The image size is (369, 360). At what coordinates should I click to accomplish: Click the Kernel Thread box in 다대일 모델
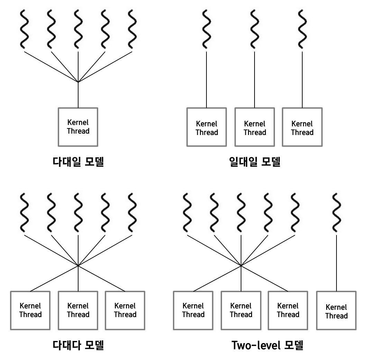(x=78, y=127)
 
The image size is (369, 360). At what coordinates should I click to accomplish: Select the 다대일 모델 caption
(x=78, y=161)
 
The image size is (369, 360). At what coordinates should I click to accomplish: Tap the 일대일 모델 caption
(x=255, y=161)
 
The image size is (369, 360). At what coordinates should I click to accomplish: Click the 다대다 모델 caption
(x=78, y=345)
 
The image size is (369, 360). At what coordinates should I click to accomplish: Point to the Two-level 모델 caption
(x=267, y=345)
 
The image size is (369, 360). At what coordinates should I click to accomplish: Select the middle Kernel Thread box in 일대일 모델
(x=255, y=127)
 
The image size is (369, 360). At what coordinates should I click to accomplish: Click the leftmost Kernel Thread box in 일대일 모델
(x=207, y=127)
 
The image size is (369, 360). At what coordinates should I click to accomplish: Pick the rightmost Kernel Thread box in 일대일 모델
(x=302, y=127)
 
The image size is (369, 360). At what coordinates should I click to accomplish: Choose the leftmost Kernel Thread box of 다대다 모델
(x=30, y=310)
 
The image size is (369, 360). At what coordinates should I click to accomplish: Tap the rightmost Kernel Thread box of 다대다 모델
(x=125, y=310)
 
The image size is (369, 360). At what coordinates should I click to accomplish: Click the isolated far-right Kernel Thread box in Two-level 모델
(x=336, y=311)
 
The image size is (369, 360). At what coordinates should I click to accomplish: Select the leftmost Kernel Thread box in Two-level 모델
(x=193, y=310)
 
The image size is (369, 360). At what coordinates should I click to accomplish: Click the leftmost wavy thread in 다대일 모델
(x=24, y=29)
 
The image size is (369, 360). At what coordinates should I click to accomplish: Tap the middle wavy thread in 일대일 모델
(x=255, y=29)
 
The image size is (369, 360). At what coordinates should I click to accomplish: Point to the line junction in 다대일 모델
(x=78, y=82)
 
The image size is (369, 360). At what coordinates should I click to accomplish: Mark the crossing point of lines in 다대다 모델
(x=78, y=266)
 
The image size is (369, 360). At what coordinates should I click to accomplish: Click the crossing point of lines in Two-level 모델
(x=241, y=266)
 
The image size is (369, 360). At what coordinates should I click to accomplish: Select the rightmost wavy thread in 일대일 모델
(x=302, y=29)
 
